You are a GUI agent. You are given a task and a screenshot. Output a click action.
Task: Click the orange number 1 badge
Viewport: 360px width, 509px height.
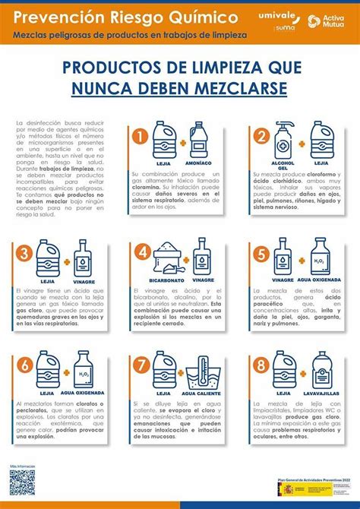pos(139,137)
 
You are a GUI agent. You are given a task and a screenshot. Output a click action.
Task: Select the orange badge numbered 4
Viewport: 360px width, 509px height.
pos(139,252)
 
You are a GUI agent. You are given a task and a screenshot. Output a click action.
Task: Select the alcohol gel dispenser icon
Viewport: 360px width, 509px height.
pos(283,140)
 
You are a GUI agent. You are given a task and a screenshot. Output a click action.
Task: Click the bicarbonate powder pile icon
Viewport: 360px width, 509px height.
pos(167,260)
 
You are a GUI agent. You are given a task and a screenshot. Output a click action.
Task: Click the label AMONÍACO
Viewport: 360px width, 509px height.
pos(198,163)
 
